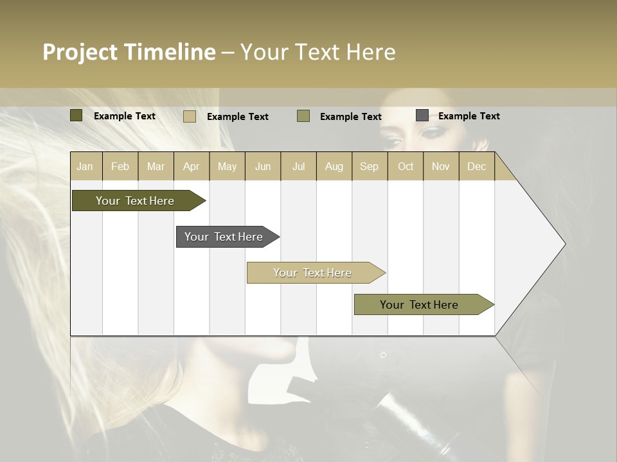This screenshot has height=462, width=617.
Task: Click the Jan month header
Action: coord(85,166)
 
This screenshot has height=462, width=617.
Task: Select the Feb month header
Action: coord(120,166)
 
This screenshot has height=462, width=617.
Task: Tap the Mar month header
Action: coord(156,166)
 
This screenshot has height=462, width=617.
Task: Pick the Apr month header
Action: coord(191,166)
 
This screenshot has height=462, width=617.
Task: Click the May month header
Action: coord(227,166)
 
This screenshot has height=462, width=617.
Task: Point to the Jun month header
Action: coord(263,166)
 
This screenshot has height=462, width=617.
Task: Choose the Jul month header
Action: coord(298,166)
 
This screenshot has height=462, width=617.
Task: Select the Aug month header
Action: coord(334,166)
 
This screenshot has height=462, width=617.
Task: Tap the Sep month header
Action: coord(369,166)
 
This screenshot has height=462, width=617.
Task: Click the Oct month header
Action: coord(406,166)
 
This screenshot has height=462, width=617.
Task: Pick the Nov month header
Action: coord(440,166)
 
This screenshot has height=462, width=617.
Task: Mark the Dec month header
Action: coord(476,166)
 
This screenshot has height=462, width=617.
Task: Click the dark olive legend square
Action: coord(76,116)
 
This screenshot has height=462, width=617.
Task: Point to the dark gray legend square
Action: coord(422,116)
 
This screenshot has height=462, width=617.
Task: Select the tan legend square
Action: coord(189,116)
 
